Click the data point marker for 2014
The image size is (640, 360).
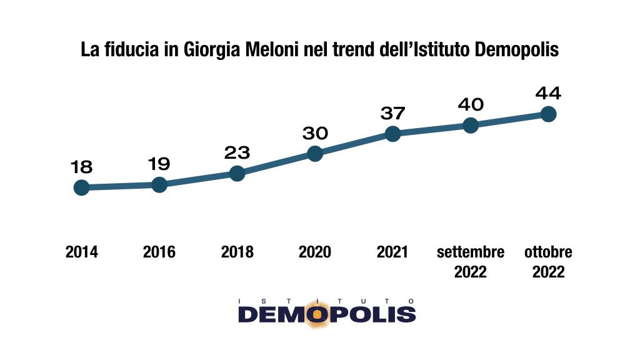[x=81, y=187]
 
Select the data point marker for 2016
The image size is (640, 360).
[x=159, y=184]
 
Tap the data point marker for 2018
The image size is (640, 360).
[x=237, y=173]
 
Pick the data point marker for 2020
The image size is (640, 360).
[x=315, y=154]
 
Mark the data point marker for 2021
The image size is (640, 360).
[x=392, y=134]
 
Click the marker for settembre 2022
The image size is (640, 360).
[x=471, y=125]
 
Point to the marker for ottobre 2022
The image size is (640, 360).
[x=548, y=114]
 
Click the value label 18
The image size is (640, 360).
[x=81, y=167]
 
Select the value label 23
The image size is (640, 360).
[x=237, y=152]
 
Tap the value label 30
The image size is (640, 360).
[x=315, y=133]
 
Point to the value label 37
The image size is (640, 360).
[x=392, y=113]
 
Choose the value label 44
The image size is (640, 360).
[x=548, y=94]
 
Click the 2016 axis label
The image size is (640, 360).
[x=159, y=252]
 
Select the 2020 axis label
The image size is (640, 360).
[x=315, y=252]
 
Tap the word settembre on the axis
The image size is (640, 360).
[x=471, y=252]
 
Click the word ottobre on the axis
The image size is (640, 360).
[x=548, y=252]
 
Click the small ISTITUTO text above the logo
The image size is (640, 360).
[x=326, y=301]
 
